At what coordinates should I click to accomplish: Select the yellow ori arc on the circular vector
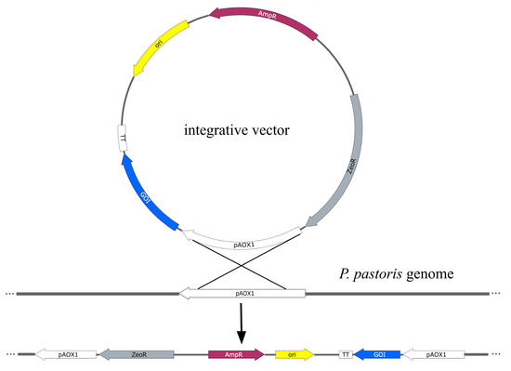pos(161,56)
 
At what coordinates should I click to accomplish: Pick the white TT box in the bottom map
pos(345,354)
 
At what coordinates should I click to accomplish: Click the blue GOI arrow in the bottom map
pos(378,354)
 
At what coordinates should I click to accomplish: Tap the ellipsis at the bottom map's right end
pos(502,355)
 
